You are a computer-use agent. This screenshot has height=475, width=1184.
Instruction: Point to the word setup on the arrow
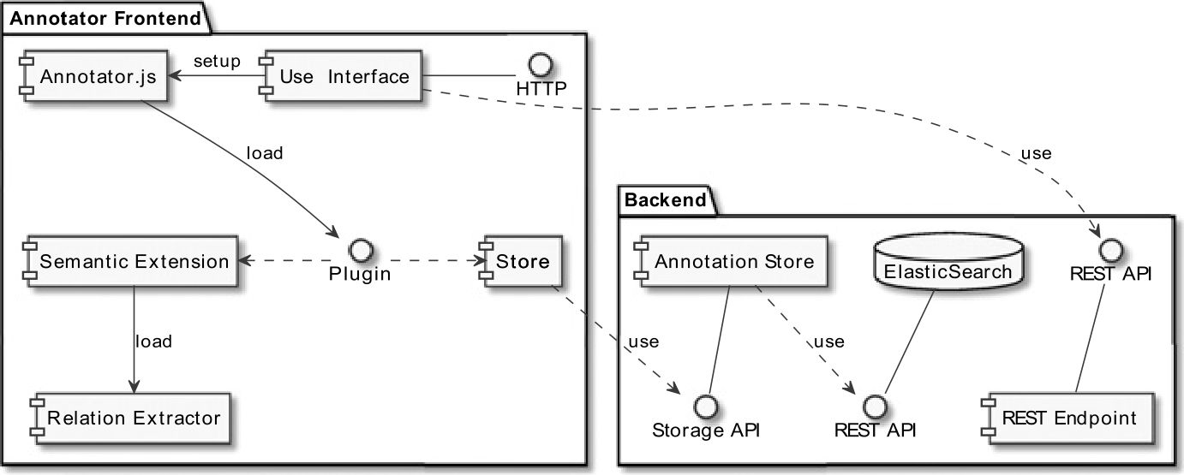pyautogui.click(x=217, y=61)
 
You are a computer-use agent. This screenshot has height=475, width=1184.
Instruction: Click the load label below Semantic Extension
pyautogui.click(x=153, y=341)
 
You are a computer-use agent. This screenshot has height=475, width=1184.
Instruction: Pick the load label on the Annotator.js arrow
pyautogui.click(x=264, y=153)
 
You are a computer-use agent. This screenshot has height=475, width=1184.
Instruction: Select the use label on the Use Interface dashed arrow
pyautogui.click(x=1035, y=154)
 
